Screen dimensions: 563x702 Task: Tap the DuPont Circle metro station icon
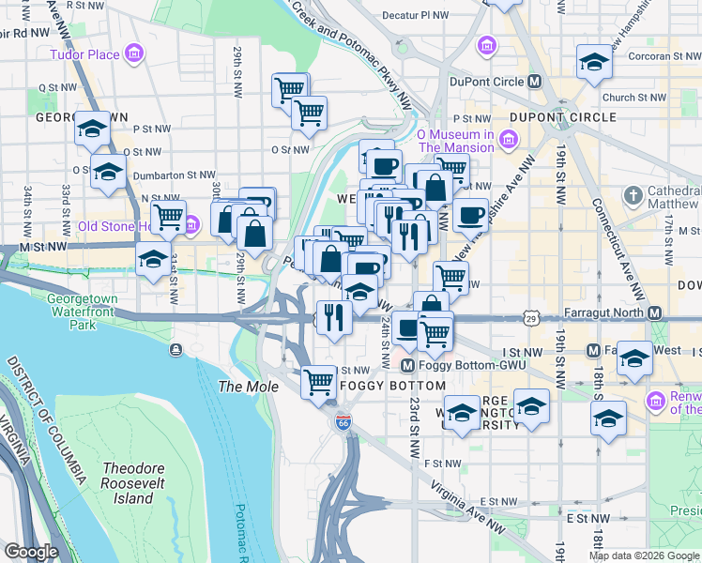534,81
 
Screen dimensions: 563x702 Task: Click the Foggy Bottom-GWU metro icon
407,365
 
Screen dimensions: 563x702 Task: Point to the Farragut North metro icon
655,312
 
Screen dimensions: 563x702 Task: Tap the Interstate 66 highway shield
343,423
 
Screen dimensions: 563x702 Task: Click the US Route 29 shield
531,320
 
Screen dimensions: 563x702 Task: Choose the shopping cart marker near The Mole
318,381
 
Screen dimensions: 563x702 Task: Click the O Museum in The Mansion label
456,141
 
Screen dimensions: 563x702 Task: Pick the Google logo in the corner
30,552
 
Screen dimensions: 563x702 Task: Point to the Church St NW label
633,97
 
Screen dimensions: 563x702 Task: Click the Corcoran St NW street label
658,56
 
